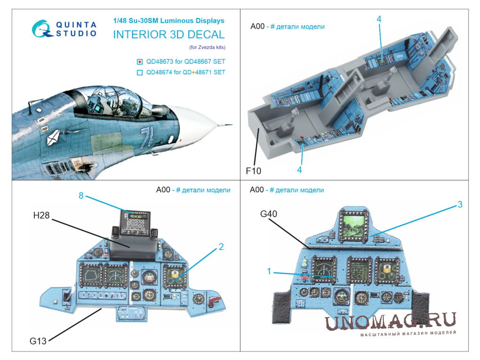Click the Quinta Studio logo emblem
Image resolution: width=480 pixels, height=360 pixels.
[x=41, y=29]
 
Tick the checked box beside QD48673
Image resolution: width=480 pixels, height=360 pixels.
[x=140, y=62]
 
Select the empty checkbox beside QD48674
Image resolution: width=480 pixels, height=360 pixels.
[x=140, y=72]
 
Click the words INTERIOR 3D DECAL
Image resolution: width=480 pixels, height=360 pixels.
[x=169, y=35]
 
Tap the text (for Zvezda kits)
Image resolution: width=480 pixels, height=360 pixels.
[x=207, y=47]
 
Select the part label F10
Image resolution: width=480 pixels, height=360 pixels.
[x=254, y=171]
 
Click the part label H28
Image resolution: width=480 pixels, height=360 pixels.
[x=41, y=215]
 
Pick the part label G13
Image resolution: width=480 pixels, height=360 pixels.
[x=38, y=341]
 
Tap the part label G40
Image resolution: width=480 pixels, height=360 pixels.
[x=268, y=214]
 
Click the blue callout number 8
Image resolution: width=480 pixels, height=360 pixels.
[x=81, y=195]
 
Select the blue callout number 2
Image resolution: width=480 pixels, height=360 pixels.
[x=221, y=247]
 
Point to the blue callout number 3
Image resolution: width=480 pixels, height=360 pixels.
[x=460, y=205]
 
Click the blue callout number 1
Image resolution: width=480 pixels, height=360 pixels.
[x=269, y=271]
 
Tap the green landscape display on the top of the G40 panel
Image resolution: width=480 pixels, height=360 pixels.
[x=353, y=225]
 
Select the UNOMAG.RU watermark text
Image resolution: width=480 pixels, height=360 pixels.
[x=391, y=321]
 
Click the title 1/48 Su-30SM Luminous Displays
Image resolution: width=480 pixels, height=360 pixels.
[x=168, y=21]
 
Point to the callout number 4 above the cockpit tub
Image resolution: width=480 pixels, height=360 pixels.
[x=379, y=19]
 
